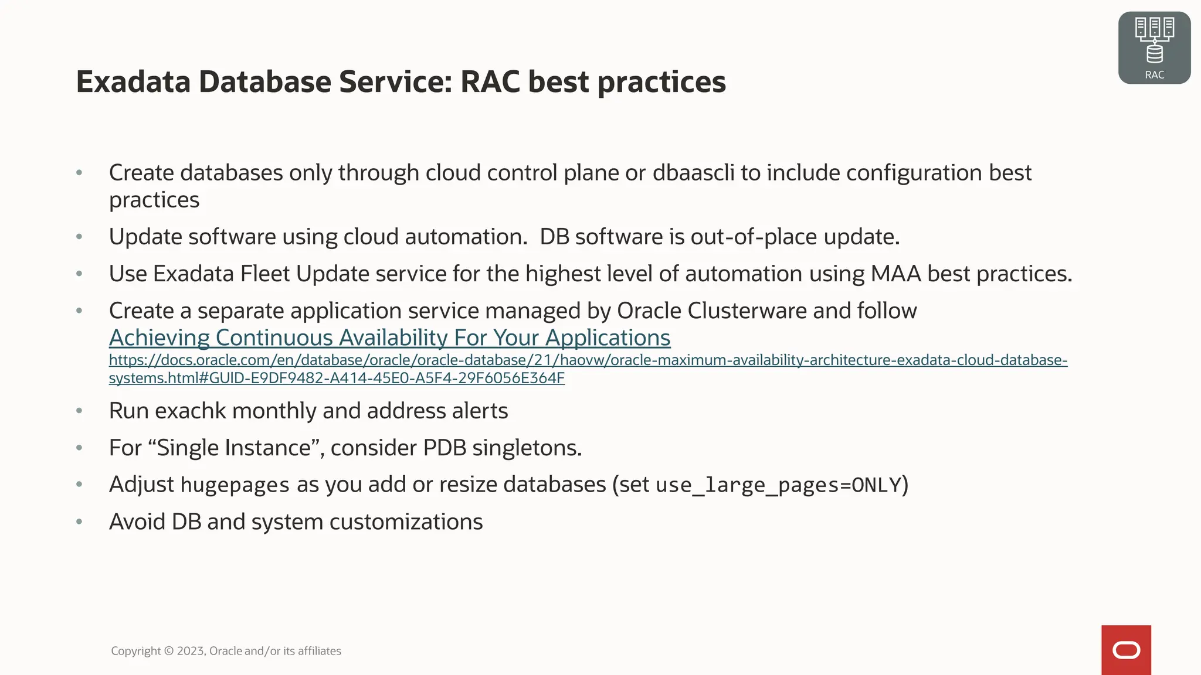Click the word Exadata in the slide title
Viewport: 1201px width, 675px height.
pyautogui.click(x=133, y=81)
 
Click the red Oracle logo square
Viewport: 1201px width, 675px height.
pyautogui.click(x=1126, y=650)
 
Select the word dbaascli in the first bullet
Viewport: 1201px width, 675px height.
pyautogui.click(x=693, y=173)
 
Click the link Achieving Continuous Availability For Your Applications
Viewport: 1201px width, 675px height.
pyautogui.click(x=389, y=338)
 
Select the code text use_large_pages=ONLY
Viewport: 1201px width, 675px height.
pyautogui.click(x=778, y=485)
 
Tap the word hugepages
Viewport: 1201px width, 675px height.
pyautogui.click(x=235, y=485)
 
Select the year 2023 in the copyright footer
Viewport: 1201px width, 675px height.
pyautogui.click(x=191, y=651)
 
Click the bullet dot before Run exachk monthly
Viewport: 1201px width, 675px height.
pyautogui.click(x=79, y=411)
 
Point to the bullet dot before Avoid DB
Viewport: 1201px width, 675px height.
pyautogui.click(x=79, y=521)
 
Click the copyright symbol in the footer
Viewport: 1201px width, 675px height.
pyautogui.click(x=168, y=651)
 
